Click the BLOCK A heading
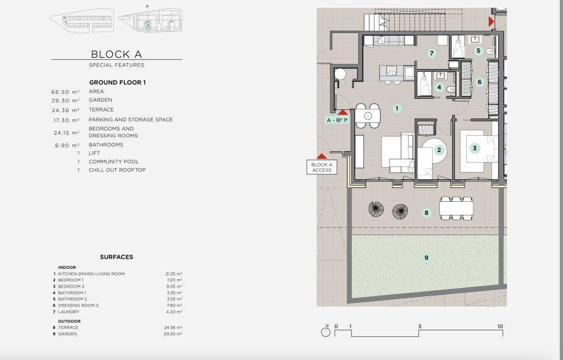coord(117,54)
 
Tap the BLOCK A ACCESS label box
coord(322,167)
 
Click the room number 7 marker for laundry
coord(432,53)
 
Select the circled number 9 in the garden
coord(426,257)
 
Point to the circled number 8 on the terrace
coord(426,213)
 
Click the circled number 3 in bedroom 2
coord(474,148)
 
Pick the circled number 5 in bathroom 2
coord(478,51)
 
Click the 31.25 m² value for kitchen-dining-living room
coord(174,274)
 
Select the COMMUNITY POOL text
coord(113,162)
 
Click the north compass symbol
coord(325,331)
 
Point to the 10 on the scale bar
coord(500,326)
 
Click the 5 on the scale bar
coord(420,326)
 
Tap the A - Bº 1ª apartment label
coord(337,120)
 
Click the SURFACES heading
coord(117,257)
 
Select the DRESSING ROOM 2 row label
coord(78,306)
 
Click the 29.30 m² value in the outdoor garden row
coord(173,334)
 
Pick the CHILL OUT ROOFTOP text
coord(117,170)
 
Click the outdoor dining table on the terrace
coord(456,208)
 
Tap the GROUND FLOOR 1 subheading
coord(118,82)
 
